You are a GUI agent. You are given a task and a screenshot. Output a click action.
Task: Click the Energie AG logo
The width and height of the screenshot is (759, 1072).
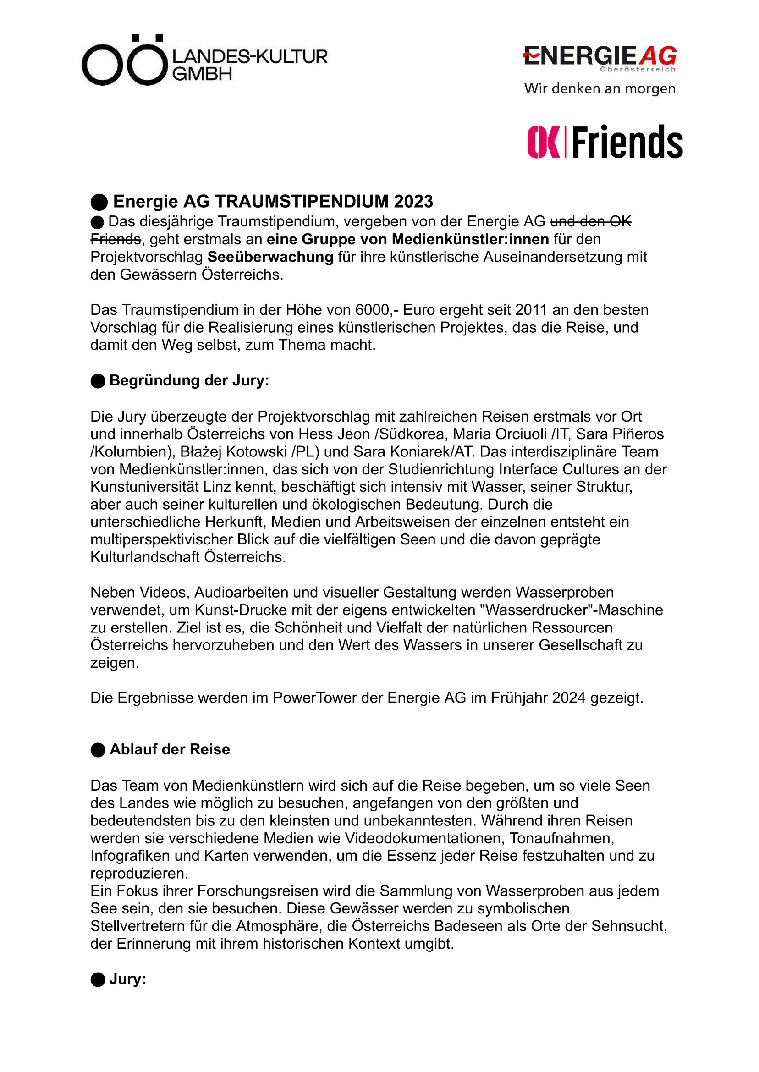[599, 58]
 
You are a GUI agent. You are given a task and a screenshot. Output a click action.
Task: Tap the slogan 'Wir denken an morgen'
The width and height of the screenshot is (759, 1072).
[599, 88]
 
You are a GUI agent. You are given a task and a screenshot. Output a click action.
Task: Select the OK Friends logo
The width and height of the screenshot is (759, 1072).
[605, 142]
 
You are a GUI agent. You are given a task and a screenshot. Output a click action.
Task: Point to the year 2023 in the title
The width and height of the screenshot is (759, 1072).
[413, 201]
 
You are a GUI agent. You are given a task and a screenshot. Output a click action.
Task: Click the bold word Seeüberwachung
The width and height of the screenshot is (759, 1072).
[270, 257]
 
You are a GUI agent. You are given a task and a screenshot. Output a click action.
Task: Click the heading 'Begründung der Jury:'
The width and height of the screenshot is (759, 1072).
[189, 380]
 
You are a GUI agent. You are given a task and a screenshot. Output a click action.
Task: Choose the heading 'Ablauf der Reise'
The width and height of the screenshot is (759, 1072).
[170, 749]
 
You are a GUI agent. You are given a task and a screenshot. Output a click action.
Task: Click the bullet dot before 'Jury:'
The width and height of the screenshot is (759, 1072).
[98, 979]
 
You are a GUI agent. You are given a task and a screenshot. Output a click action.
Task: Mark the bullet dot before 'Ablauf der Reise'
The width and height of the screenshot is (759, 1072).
[98, 750]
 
